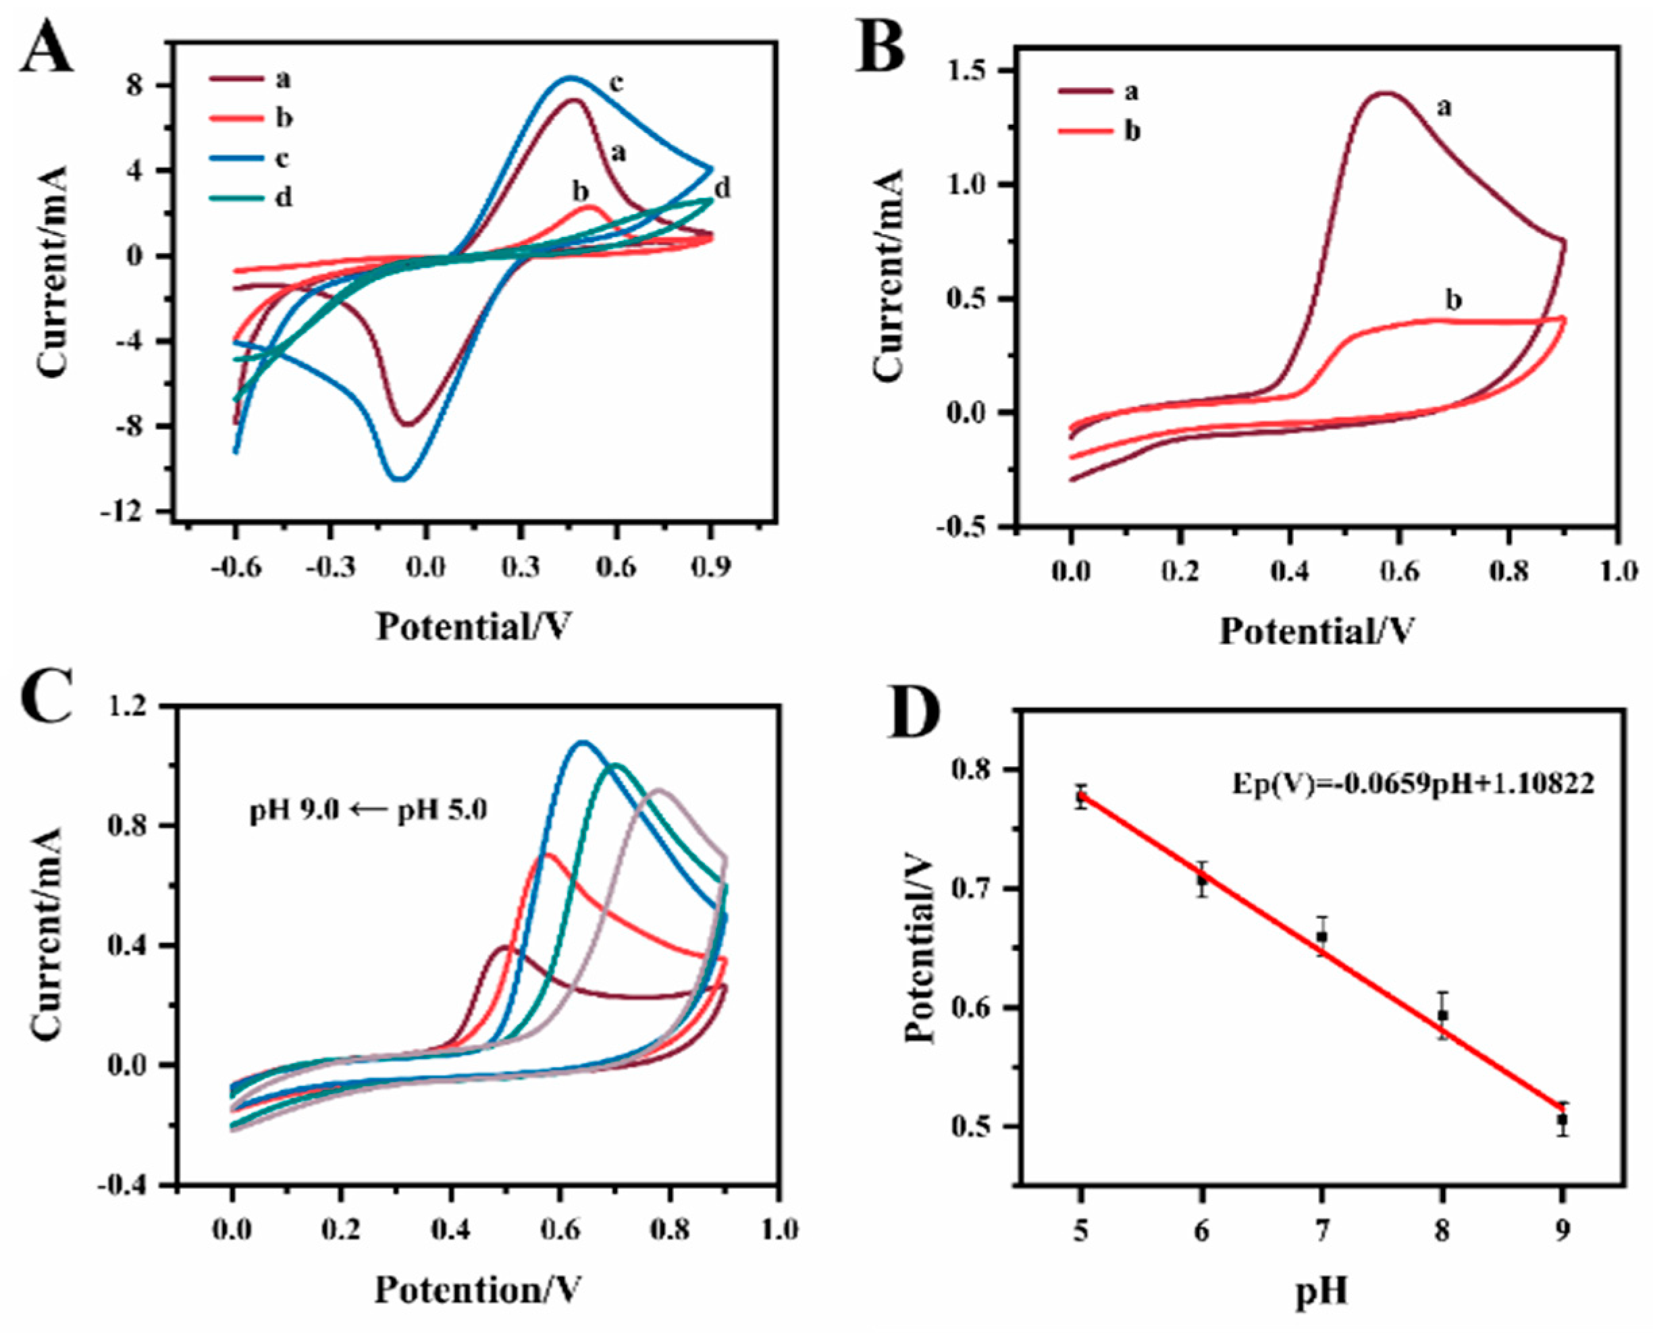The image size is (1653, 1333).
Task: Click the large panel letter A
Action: coord(48,48)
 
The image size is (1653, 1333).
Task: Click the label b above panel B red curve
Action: coord(1453,300)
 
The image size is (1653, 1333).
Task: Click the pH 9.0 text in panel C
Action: coord(292,810)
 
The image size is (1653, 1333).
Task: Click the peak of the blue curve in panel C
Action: coord(582,742)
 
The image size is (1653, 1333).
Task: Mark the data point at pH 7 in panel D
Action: coord(1322,937)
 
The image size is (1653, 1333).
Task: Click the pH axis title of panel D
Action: coord(1321,1290)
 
